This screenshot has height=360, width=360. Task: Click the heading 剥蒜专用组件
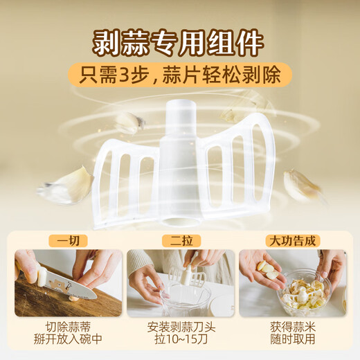pyautogui.click(x=179, y=42)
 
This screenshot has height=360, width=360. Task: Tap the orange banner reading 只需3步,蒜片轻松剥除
pyautogui.click(x=179, y=75)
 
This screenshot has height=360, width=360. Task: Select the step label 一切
pyautogui.click(x=68, y=242)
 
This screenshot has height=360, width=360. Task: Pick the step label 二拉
pyautogui.click(x=180, y=242)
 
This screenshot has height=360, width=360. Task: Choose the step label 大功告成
pyautogui.click(x=291, y=242)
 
